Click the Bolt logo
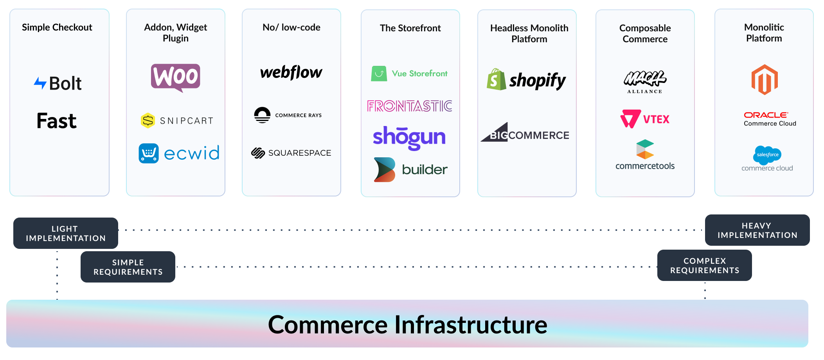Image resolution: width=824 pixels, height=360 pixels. pyautogui.click(x=58, y=83)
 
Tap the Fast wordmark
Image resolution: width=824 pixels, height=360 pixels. pyautogui.click(x=57, y=121)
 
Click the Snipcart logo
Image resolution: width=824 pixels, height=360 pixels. pyautogui.click(x=177, y=121)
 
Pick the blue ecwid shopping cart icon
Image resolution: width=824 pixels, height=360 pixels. pyautogui.click(x=149, y=153)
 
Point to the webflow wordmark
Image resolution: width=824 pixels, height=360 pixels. pyautogui.click(x=291, y=72)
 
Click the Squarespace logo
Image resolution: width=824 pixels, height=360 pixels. pyautogui.click(x=291, y=153)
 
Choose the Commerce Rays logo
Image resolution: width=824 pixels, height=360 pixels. pyautogui.click(x=288, y=115)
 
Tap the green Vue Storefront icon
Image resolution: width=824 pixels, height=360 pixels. pyautogui.click(x=379, y=74)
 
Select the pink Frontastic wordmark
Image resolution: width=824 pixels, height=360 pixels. pyautogui.click(x=410, y=106)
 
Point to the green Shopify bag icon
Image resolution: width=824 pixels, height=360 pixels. pyautogui.click(x=497, y=79)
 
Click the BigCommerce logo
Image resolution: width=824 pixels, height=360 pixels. pyautogui.click(x=525, y=132)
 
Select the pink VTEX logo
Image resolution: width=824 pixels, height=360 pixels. pyautogui.click(x=645, y=119)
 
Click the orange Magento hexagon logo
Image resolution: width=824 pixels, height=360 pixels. pyautogui.click(x=765, y=80)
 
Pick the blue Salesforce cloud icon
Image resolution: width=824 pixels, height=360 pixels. pyautogui.click(x=767, y=155)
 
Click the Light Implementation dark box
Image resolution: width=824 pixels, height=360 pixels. pyautogui.click(x=66, y=233)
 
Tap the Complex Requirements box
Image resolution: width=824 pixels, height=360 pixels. pyautogui.click(x=705, y=265)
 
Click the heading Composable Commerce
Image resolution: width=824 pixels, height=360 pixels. pyautogui.click(x=645, y=34)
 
